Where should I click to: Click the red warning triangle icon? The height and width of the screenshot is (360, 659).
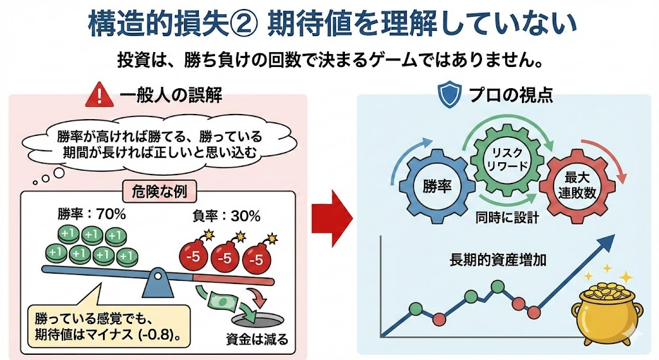98,96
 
